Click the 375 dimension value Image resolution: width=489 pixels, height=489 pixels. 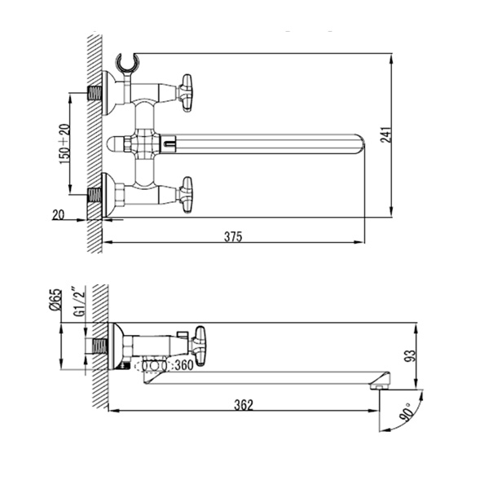pyautogui.click(x=233, y=236)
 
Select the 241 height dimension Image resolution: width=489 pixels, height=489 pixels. pyautogui.click(x=385, y=134)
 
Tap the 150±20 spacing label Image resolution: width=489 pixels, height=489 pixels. pyautogui.click(x=64, y=143)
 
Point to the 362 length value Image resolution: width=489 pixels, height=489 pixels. pyautogui.click(x=244, y=405)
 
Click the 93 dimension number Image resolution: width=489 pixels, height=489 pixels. pyautogui.click(x=412, y=356)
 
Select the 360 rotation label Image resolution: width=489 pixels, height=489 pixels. pyautogui.click(x=184, y=365)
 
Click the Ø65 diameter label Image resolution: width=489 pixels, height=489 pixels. pyautogui.click(x=55, y=300)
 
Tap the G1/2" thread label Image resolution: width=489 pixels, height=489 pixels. pyautogui.click(x=80, y=302)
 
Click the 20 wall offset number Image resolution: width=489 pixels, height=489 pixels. pyautogui.click(x=59, y=215)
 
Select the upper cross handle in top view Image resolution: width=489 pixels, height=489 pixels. pyautogui.click(x=185, y=93)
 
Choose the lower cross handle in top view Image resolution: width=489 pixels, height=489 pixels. pyautogui.click(x=185, y=195)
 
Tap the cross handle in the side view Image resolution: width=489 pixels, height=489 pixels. pyautogui.click(x=199, y=346)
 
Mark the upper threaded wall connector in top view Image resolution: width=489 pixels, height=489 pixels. pyautogui.click(x=95, y=93)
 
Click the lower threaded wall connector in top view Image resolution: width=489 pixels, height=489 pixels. pyautogui.click(x=95, y=195)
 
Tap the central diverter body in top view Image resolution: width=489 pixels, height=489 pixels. pyautogui.click(x=142, y=144)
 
